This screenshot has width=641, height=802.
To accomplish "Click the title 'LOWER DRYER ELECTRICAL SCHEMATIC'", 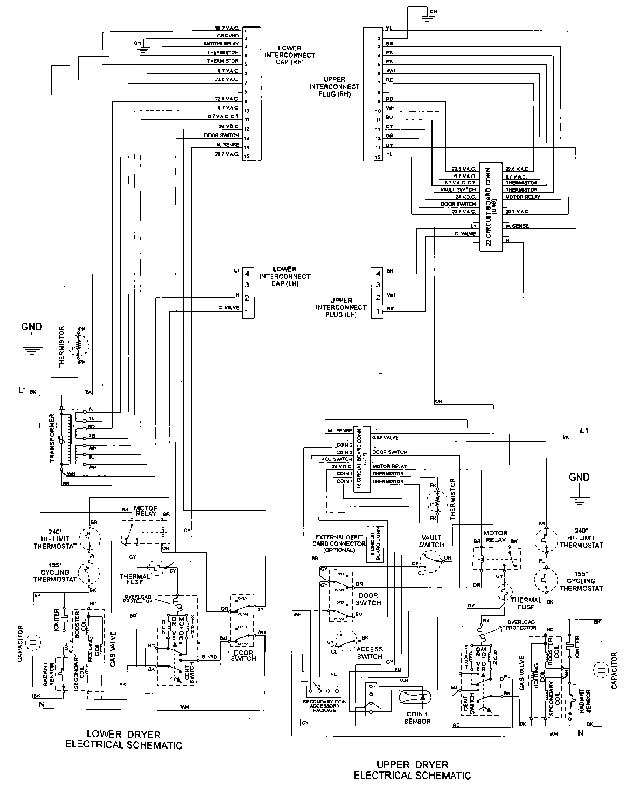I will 123,740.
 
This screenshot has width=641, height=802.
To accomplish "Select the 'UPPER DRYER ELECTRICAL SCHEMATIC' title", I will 412,770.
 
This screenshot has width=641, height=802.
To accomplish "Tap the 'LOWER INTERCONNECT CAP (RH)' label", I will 289,55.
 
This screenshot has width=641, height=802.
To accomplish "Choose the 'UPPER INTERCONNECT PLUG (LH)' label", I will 341,307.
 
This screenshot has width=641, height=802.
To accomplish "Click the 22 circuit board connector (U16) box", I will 491,207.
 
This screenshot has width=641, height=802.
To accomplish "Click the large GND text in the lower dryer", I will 32,327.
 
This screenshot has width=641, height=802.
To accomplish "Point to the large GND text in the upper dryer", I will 578,477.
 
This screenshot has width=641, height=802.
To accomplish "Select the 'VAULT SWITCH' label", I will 431,541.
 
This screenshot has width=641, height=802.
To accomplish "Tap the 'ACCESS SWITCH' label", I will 369,653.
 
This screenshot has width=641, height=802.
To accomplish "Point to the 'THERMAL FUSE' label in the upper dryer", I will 526,603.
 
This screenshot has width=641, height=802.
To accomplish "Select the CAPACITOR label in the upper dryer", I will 614,671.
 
